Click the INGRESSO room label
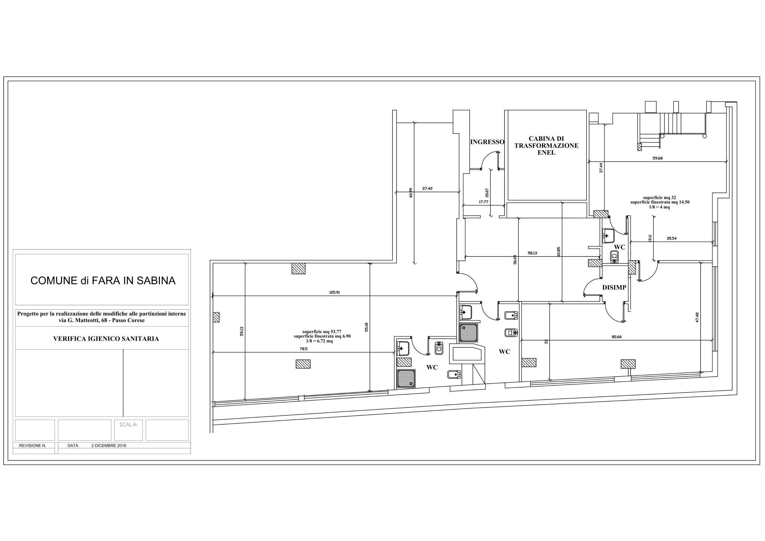click(x=487, y=142)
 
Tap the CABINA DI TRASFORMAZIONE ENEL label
click(x=546, y=145)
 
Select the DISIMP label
click(x=614, y=287)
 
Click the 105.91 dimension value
click(x=334, y=293)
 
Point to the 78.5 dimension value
click(x=303, y=349)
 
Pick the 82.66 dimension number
click(x=617, y=337)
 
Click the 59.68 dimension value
click(x=657, y=158)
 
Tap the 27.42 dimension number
click(x=427, y=189)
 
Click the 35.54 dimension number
click(x=671, y=238)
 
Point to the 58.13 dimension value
click(x=532, y=253)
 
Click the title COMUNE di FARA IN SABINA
click(x=103, y=281)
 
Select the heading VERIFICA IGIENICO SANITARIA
click(x=106, y=339)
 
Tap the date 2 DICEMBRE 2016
click(x=109, y=446)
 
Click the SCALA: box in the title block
click(x=128, y=430)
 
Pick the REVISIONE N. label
click(x=32, y=446)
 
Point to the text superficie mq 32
click(x=660, y=198)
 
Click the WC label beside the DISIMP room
click(x=620, y=247)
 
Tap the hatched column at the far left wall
click(x=216, y=317)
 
